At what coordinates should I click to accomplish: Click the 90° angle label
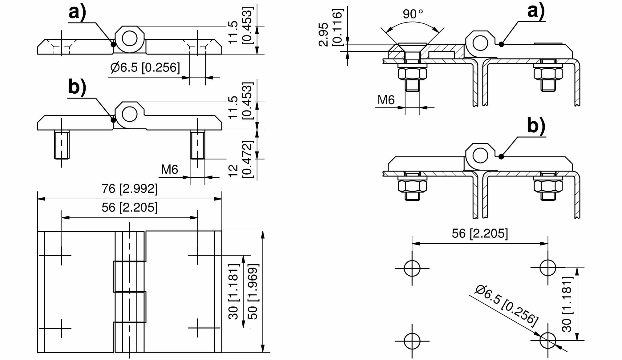(x=413, y=14)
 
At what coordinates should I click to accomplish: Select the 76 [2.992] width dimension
(x=130, y=188)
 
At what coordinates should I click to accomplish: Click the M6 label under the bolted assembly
(x=386, y=100)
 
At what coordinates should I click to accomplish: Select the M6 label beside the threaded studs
(x=169, y=169)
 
